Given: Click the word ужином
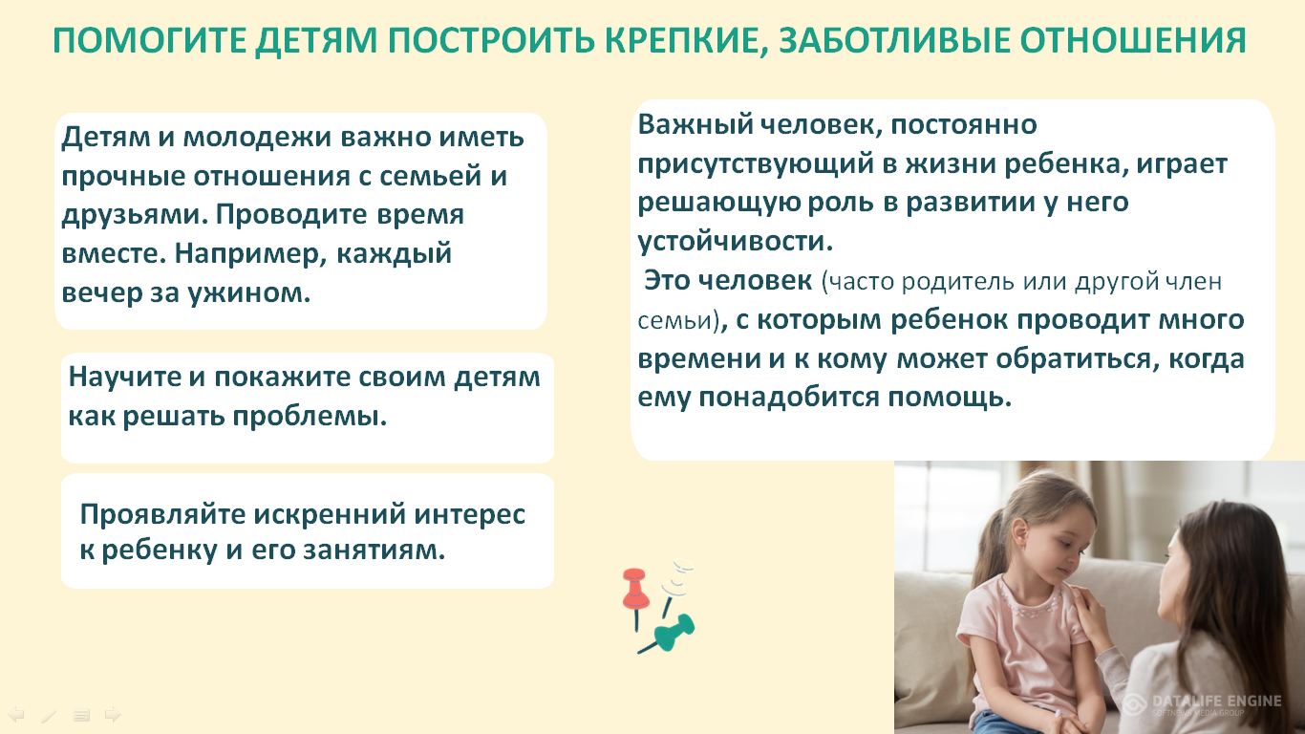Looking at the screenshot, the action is coord(248,293).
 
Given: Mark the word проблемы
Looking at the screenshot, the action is coord(310,418).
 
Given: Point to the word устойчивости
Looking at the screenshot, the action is coord(736,242).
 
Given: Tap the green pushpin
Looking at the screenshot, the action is coord(668,635).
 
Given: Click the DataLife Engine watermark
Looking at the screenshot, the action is coord(1202,704).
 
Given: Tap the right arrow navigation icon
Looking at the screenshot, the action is coord(113,714).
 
